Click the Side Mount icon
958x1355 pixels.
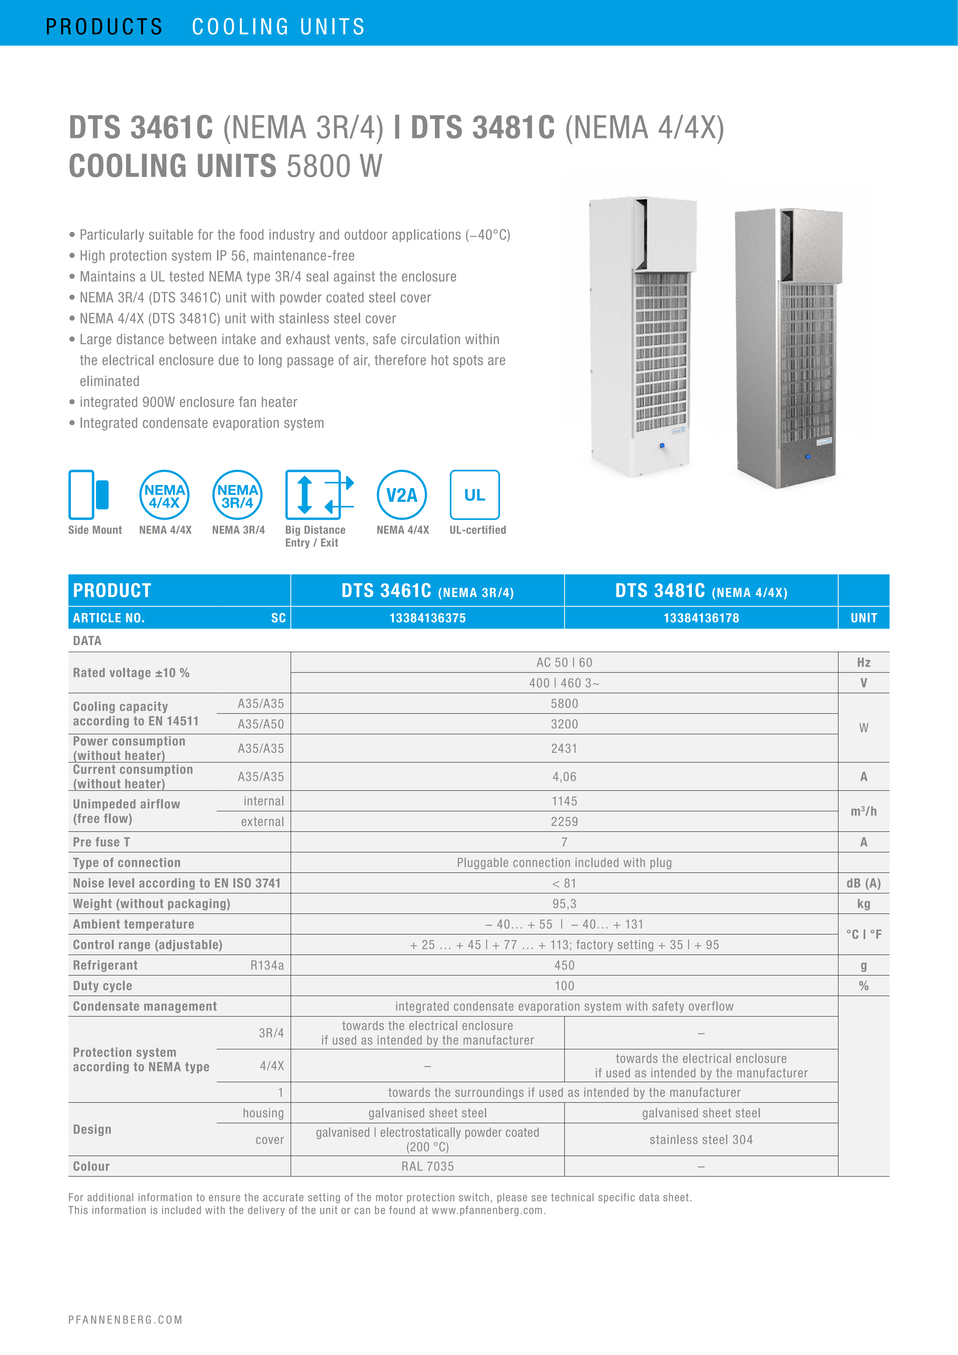point(89,495)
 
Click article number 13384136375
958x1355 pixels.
point(427,618)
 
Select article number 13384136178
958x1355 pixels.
point(701,618)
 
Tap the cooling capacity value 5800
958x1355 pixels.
point(564,703)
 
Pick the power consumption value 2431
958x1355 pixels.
point(564,748)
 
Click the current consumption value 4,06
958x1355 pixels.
point(564,777)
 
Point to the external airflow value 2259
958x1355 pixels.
point(564,821)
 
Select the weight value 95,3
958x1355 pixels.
point(564,904)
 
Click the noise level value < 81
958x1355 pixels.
point(564,884)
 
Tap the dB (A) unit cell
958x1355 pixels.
point(863,884)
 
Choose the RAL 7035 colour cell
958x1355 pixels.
point(427,1166)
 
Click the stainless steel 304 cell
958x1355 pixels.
point(701,1140)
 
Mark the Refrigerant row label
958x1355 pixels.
point(105,966)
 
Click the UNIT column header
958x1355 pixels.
point(863,618)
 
